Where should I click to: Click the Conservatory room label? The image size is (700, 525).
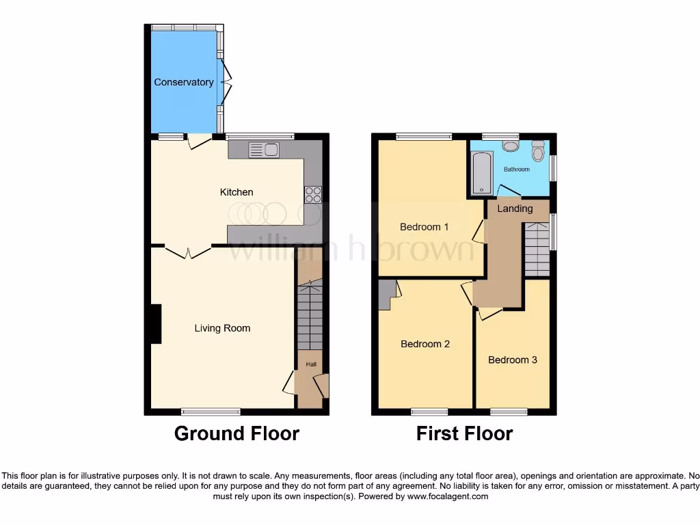click(183, 82)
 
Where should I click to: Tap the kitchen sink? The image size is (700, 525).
click(264, 150)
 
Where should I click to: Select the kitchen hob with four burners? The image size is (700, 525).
click(312, 195)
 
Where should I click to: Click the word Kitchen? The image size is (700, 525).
click(237, 192)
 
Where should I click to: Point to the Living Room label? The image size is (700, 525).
click(222, 328)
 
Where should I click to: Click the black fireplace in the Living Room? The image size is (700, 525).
click(156, 324)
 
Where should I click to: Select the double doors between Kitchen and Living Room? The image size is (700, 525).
click(188, 252)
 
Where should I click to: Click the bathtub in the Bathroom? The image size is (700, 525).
click(482, 173)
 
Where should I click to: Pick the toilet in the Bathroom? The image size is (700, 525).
click(537, 150)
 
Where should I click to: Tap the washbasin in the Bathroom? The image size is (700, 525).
click(510, 145)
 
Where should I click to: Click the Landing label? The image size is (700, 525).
click(515, 208)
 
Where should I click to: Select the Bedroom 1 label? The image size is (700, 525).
click(424, 227)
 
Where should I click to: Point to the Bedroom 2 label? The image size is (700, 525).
click(425, 344)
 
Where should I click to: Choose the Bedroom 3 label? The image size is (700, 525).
click(513, 360)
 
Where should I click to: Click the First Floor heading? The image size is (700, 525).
click(464, 433)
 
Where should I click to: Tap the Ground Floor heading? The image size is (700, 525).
click(237, 433)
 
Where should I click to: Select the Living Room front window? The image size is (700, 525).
click(211, 412)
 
